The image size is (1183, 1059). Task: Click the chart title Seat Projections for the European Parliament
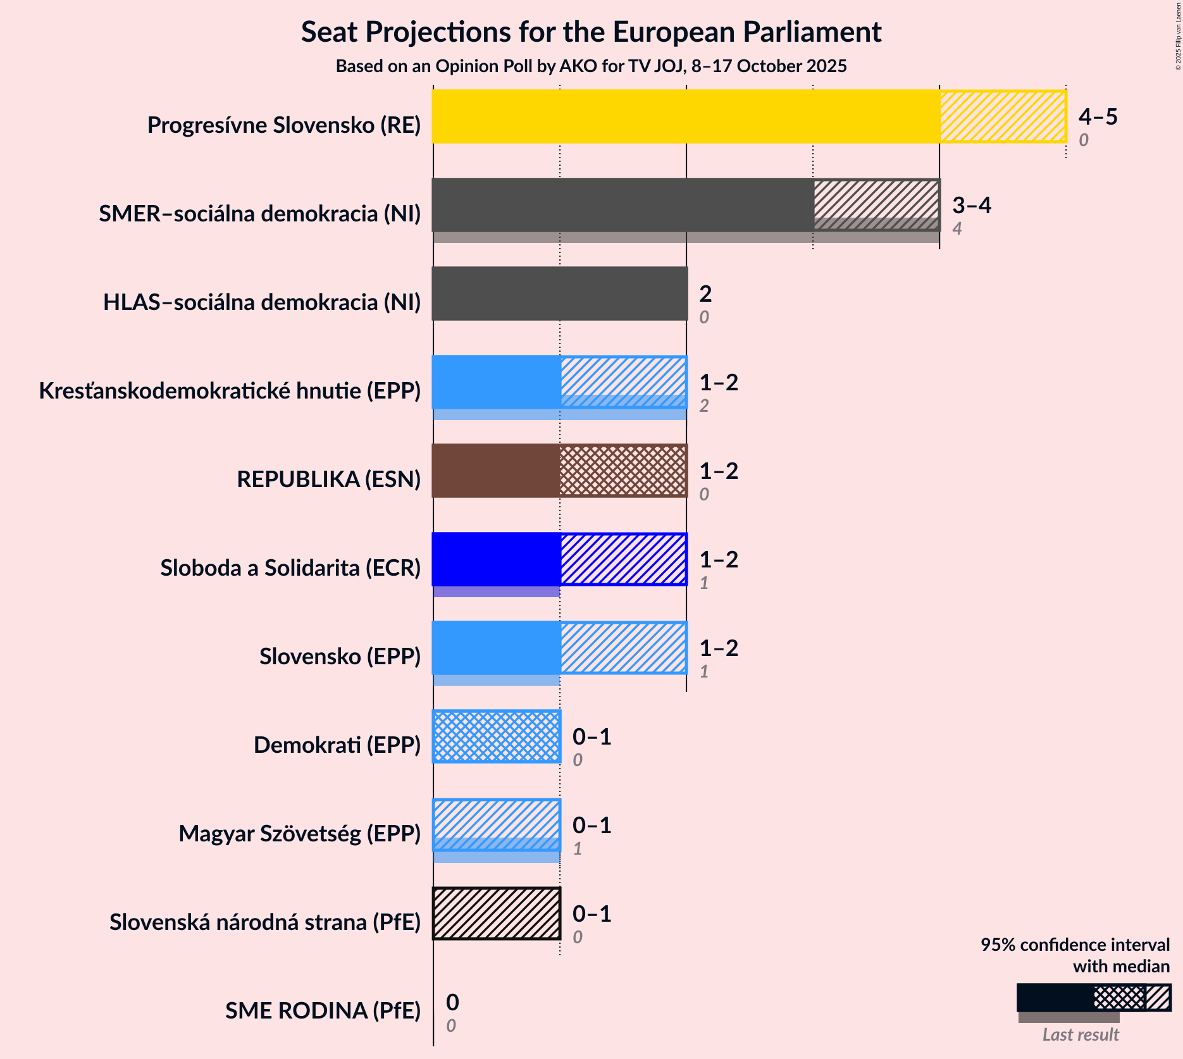tap(591, 32)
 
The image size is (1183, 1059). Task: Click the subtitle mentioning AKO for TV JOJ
tap(591, 66)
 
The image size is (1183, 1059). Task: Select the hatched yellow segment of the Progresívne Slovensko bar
tap(1003, 116)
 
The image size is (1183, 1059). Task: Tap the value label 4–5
tap(1098, 116)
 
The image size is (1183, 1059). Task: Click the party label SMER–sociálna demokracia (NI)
tap(260, 214)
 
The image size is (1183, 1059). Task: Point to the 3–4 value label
tap(972, 205)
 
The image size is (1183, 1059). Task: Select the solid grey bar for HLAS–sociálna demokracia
tap(560, 294)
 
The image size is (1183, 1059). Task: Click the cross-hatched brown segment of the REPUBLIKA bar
tap(623, 471)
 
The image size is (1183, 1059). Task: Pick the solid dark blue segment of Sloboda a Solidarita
tap(497, 559)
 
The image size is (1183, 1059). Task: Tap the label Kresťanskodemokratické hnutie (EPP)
tap(230, 391)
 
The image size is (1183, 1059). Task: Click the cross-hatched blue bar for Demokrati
tap(497, 736)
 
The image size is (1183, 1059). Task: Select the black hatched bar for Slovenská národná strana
tap(497, 913)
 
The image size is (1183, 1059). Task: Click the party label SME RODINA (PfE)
tap(323, 1011)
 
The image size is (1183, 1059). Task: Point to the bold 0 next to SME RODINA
tap(452, 1002)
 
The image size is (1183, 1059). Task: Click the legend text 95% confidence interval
tap(1075, 944)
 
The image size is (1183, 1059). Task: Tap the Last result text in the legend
tap(1081, 1035)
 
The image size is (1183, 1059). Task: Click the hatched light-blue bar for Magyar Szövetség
tap(497, 822)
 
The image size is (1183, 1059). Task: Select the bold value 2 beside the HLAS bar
tap(705, 294)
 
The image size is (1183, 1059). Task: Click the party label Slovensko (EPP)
tap(340, 657)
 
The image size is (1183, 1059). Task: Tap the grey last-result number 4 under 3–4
tap(957, 228)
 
